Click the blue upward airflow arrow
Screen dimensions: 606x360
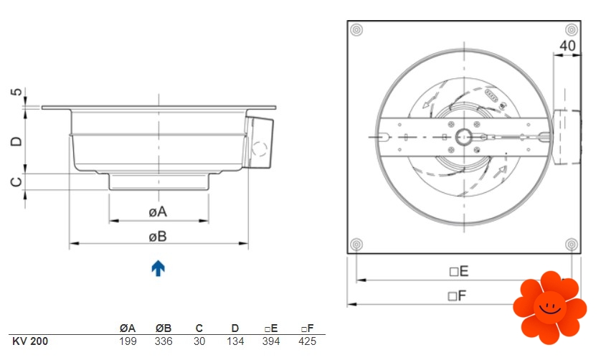(x=158, y=268)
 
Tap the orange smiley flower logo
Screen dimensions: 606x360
(x=549, y=308)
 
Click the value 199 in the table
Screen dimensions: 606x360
(x=128, y=341)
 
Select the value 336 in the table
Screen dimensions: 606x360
(x=164, y=341)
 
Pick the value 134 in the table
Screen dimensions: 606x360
(x=235, y=341)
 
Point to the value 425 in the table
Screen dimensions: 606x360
(x=307, y=341)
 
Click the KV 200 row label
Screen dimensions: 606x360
(x=30, y=341)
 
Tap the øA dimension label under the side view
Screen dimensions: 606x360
(x=158, y=212)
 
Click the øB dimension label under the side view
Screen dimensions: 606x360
(x=158, y=237)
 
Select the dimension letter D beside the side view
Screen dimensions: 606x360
(x=16, y=141)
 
